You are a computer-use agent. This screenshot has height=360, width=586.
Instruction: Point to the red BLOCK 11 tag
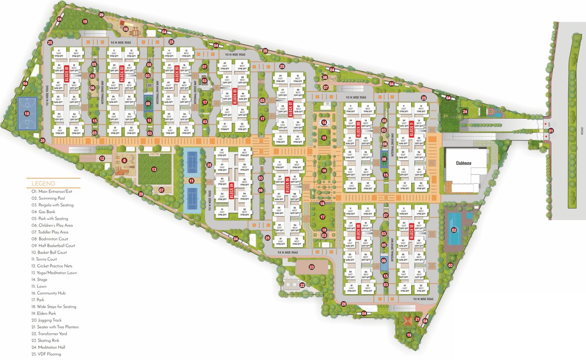pyautogui.click(x=411, y=128)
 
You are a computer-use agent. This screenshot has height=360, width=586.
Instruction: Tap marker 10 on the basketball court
pyautogui.click(x=27, y=113)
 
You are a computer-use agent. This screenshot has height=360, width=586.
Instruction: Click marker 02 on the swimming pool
pyautogui.click(x=453, y=230)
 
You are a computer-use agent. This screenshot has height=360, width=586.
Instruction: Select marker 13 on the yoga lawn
pyautogui.click(x=153, y=169)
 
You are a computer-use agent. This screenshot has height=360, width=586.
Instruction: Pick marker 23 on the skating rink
pyautogui.click(x=312, y=267)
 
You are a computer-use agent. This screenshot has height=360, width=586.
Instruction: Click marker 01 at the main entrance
pyautogui.click(x=551, y=131)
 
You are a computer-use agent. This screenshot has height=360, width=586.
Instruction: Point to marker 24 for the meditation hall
pyautogui.click(x=465, y=112)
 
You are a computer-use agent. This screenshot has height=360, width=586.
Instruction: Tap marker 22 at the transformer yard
pyautogui.click(x=302, y=285)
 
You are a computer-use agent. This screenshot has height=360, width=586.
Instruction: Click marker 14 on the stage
pyautogui.click(x=324, y=123)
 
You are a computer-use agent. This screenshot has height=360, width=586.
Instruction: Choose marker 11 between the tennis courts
pyautogui.click(x=191, y=181)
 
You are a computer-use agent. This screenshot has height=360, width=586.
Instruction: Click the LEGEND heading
pyautogui.click(x=43, y=183)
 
